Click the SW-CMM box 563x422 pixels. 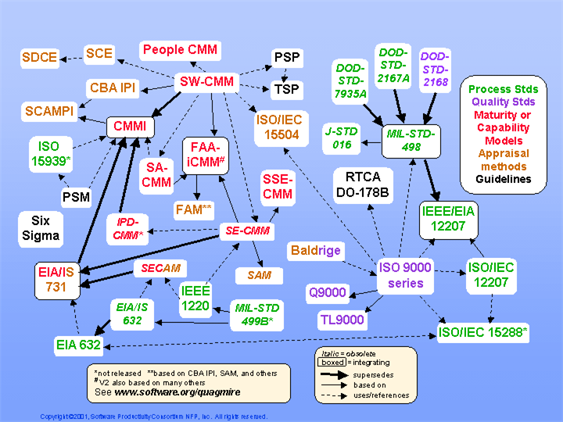click(206, 81)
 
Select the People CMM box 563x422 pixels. click(180, 50)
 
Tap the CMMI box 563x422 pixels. click(130, 126)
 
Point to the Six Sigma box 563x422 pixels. click(40, 227)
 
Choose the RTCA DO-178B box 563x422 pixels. click(361, 184)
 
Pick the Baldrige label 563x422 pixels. click(316, 251)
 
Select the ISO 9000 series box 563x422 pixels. click(404, 275)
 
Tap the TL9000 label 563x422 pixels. click(342, 319)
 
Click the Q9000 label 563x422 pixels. click(327, 293)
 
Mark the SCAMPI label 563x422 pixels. click(48, 111)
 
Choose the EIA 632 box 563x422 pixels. click(78, 345)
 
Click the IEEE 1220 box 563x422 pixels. click(195, 298)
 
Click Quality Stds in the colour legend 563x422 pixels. click(503, 102)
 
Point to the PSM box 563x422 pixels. click(76, 196)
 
